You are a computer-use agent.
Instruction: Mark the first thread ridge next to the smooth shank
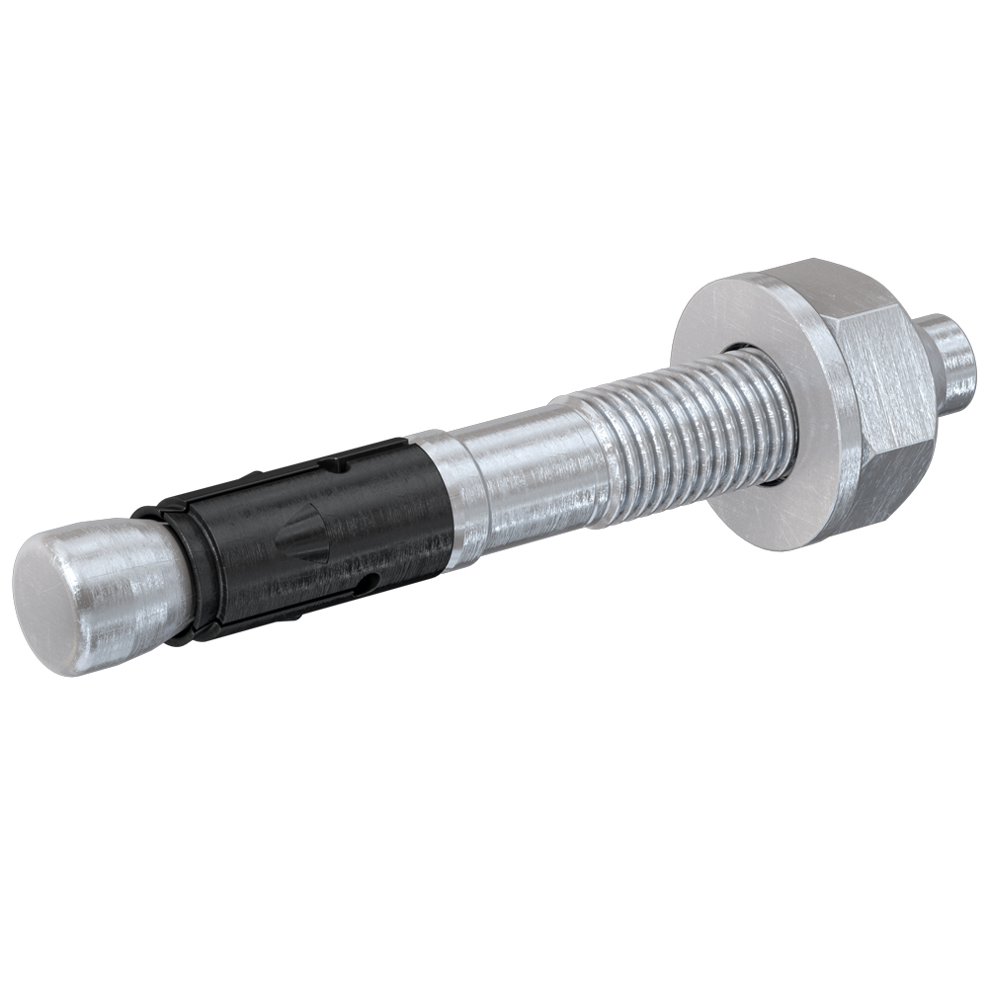(593, 450)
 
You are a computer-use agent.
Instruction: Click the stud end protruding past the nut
(953, 366)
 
